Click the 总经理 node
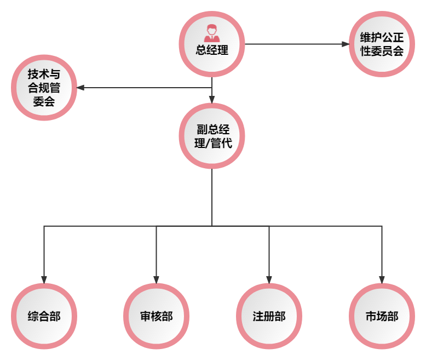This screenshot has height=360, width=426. click(x=212, y=43)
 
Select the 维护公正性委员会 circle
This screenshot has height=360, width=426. click(x=382, y=44)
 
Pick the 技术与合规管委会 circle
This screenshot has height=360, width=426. click(x=44, y=88)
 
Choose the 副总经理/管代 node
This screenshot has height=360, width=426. click(x=212, y=136)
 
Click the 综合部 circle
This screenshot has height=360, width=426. click(x=44, y=316)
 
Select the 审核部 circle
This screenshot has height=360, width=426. click(x=156, y=316)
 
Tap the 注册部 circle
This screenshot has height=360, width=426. click(x=269, y=316)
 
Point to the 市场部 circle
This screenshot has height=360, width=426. click(x=382, y=316)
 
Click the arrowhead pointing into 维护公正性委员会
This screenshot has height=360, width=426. click(x=345, y=44)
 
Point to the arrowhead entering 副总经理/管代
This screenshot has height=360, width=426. click(x=212, y=99)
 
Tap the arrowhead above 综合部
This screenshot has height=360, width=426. click(x=44, y=279)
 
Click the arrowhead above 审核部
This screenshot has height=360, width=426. click(x=156, y=279)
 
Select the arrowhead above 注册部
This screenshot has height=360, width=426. click(x=269, y=279)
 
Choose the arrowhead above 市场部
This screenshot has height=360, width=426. click(x=382, y=279)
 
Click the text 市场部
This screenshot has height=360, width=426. click(x=382, y=317)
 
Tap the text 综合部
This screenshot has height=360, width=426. click(x=44, y=317)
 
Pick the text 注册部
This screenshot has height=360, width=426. click(x=269, y=317)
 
